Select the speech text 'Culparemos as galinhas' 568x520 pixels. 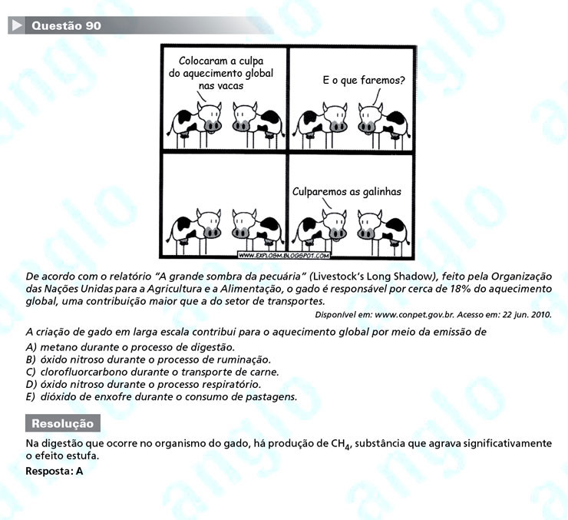click(x=347, y=193)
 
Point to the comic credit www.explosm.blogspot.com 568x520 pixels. click(x=284, y=255)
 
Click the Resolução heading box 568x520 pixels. click(x=62, y=423)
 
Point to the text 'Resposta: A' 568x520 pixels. click(x=54, y=470)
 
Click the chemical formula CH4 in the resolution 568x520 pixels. click(x=341, y=445)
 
